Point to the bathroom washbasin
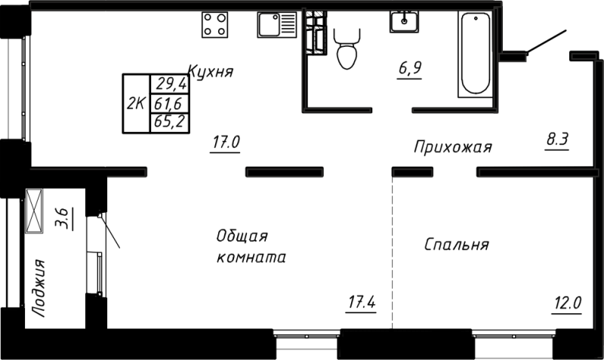(407, 22)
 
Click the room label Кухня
(209, 72)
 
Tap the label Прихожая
(452, 147)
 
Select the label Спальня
(456, 245)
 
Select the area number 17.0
(226, 141)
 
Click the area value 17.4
(362, 303)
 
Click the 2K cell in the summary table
(137, 103)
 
